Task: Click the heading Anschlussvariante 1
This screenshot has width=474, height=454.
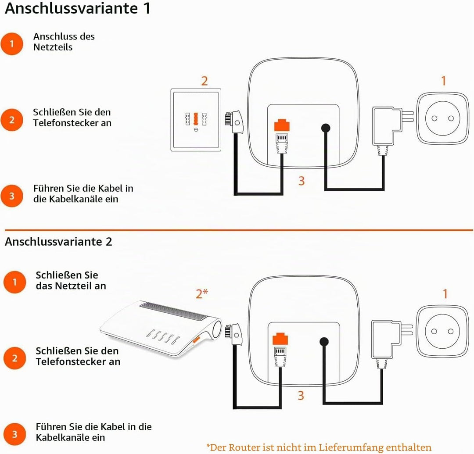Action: point(77,8)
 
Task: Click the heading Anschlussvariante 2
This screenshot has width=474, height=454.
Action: point(58,242)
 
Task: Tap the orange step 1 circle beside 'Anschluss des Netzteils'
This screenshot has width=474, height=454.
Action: point(12,44)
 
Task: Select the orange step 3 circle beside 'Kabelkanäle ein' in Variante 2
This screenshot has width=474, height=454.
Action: point(14,434)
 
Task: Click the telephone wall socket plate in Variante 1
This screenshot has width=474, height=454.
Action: point(196,120)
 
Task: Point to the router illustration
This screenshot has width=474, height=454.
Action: point(161,328)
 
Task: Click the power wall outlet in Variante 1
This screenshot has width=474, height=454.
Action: point(442,118)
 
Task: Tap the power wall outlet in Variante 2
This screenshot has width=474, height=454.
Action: point(442,331)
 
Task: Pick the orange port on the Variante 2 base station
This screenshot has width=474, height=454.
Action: point(280,339)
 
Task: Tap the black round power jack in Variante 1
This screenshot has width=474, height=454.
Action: point(326,128)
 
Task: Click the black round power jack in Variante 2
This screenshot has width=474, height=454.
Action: point(324,342)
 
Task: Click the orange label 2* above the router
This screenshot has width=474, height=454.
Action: point(202,293)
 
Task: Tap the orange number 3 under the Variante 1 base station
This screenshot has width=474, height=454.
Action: point(302,181)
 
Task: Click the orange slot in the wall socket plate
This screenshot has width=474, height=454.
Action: point(196,119)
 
